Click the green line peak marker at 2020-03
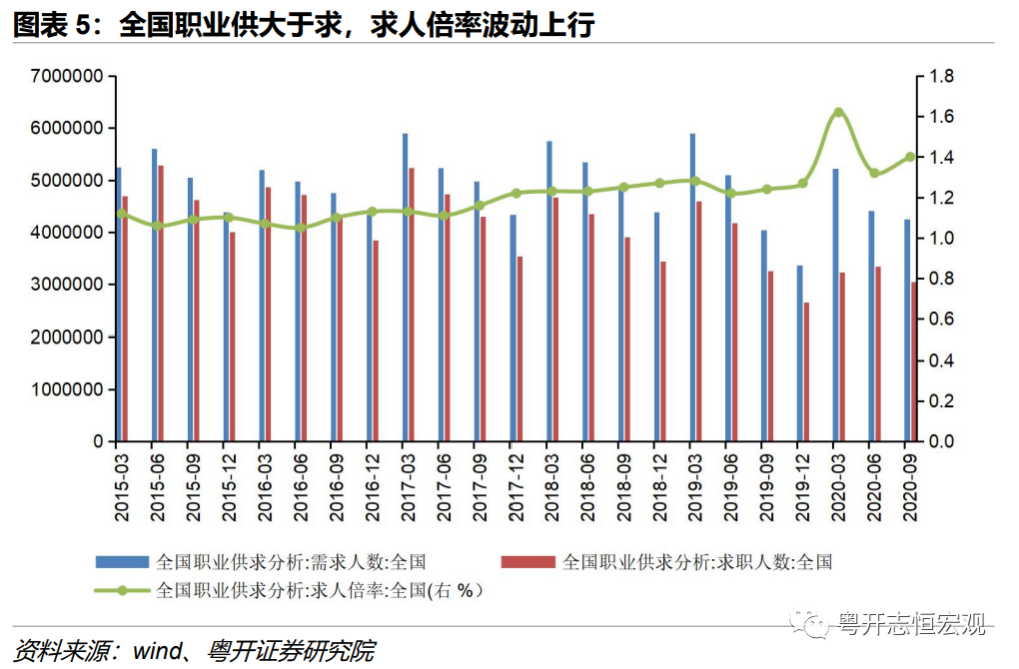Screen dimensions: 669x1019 (x=838, y=113)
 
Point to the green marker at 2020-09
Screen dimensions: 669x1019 (x=910, y=157)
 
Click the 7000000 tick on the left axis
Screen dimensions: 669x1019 (x=68, y=76)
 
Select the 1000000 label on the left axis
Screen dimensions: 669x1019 (x=68, y=389)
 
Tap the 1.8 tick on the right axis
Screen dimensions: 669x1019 (x=942, y=76)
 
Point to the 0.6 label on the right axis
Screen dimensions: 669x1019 (x=942, y=320)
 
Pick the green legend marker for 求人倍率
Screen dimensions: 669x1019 (x=122, y=590)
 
